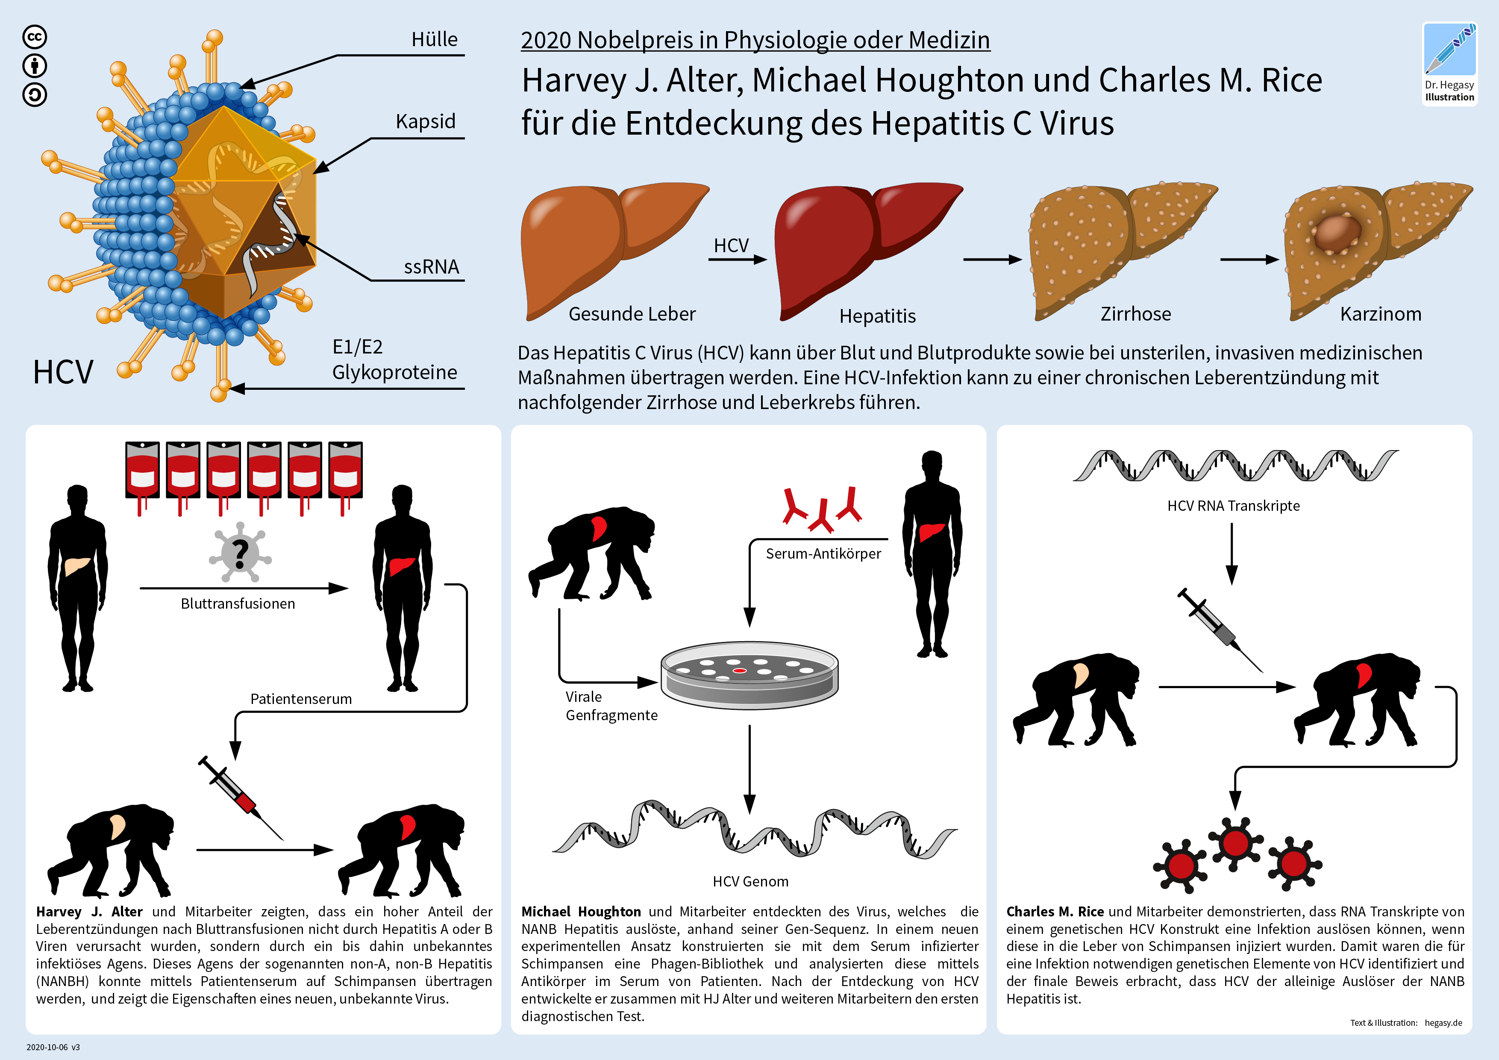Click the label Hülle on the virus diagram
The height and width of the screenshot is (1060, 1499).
(x=434, y=39)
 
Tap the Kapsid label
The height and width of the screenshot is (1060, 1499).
(x=426, y=121)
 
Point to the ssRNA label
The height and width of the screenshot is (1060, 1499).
(x=432, y=267)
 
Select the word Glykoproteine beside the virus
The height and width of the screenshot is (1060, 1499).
(x=394, y=372)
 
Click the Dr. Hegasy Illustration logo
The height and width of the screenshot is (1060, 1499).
(x=1449, y=63)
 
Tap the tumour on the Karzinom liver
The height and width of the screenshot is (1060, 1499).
(x=1338, y=233)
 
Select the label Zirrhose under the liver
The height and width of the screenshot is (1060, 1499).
(x=1136, y=314)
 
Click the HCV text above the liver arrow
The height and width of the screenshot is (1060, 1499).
(x=731, y=246)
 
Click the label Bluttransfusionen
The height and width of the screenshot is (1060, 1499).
(x=238, y=604)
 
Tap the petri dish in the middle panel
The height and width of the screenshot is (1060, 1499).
(x=749, y=674)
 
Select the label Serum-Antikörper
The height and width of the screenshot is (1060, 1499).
(x=823, y=554)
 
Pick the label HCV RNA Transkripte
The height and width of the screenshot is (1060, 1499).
(x=1233, y=506)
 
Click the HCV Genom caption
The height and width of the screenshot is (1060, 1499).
(x=750, y=882)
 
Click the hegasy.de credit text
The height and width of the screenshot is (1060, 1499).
(x=1443, y=1023)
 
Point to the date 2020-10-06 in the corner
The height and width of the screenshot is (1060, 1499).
(x=47, y=1047)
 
